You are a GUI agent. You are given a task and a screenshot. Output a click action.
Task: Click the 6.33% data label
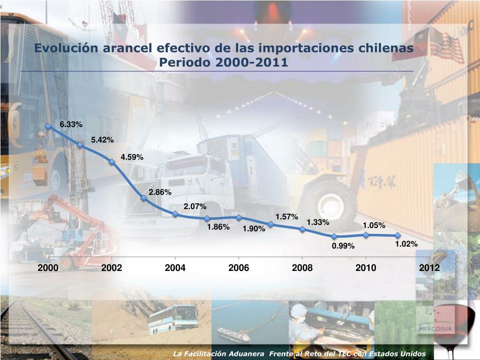[x=71, y=124]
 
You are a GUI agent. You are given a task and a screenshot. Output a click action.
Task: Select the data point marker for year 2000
[x=48, y=126]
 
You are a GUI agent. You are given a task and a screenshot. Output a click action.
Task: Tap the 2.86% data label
[x=160, y=192]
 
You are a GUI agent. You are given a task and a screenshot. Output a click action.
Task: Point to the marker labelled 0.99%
[x=334, y=237]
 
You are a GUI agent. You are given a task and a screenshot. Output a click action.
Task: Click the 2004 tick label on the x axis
[x=175, y=268]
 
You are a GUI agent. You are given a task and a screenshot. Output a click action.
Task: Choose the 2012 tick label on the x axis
[x=429, y=268]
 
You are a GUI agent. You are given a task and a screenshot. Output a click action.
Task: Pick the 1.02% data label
[x=406, y=243]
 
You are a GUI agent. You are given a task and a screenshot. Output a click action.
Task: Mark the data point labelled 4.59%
[x=112, y=162]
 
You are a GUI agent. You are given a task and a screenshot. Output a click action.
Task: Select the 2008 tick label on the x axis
[x=302, y=268]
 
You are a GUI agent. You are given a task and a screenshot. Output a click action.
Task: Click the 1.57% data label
[x=286, y=217]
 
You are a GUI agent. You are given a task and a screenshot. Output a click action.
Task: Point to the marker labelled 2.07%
[x=175, y=214]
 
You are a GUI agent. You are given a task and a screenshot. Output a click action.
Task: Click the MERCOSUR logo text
[x=443, y=327]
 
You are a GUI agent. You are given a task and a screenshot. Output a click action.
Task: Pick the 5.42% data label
[x=102, y=140]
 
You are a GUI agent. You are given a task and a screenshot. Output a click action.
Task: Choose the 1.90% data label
[x=254, y=229]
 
